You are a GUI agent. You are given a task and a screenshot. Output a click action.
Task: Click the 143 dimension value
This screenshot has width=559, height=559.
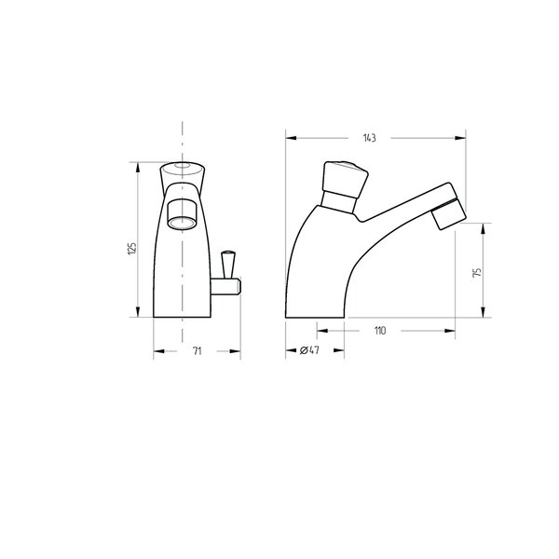tap(369, 138)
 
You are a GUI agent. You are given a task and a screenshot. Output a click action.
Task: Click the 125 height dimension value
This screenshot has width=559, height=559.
tap(132, 248)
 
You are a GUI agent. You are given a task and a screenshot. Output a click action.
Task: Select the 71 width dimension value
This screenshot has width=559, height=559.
tap(198, 351)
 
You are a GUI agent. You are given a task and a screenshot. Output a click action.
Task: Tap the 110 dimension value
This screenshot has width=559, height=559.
tap(380, 331)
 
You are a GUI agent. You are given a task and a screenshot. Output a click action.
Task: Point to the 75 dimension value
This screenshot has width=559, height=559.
tap(476, 272)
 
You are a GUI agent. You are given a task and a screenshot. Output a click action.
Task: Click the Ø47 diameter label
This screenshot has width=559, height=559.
tap(309, 350)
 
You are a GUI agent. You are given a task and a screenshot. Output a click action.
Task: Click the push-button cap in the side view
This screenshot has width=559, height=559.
tap(345, 179)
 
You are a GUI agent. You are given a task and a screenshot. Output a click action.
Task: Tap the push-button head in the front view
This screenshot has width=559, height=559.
tap(183, 177)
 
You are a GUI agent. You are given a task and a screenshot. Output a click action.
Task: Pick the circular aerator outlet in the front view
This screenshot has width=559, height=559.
tap(182, 224)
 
